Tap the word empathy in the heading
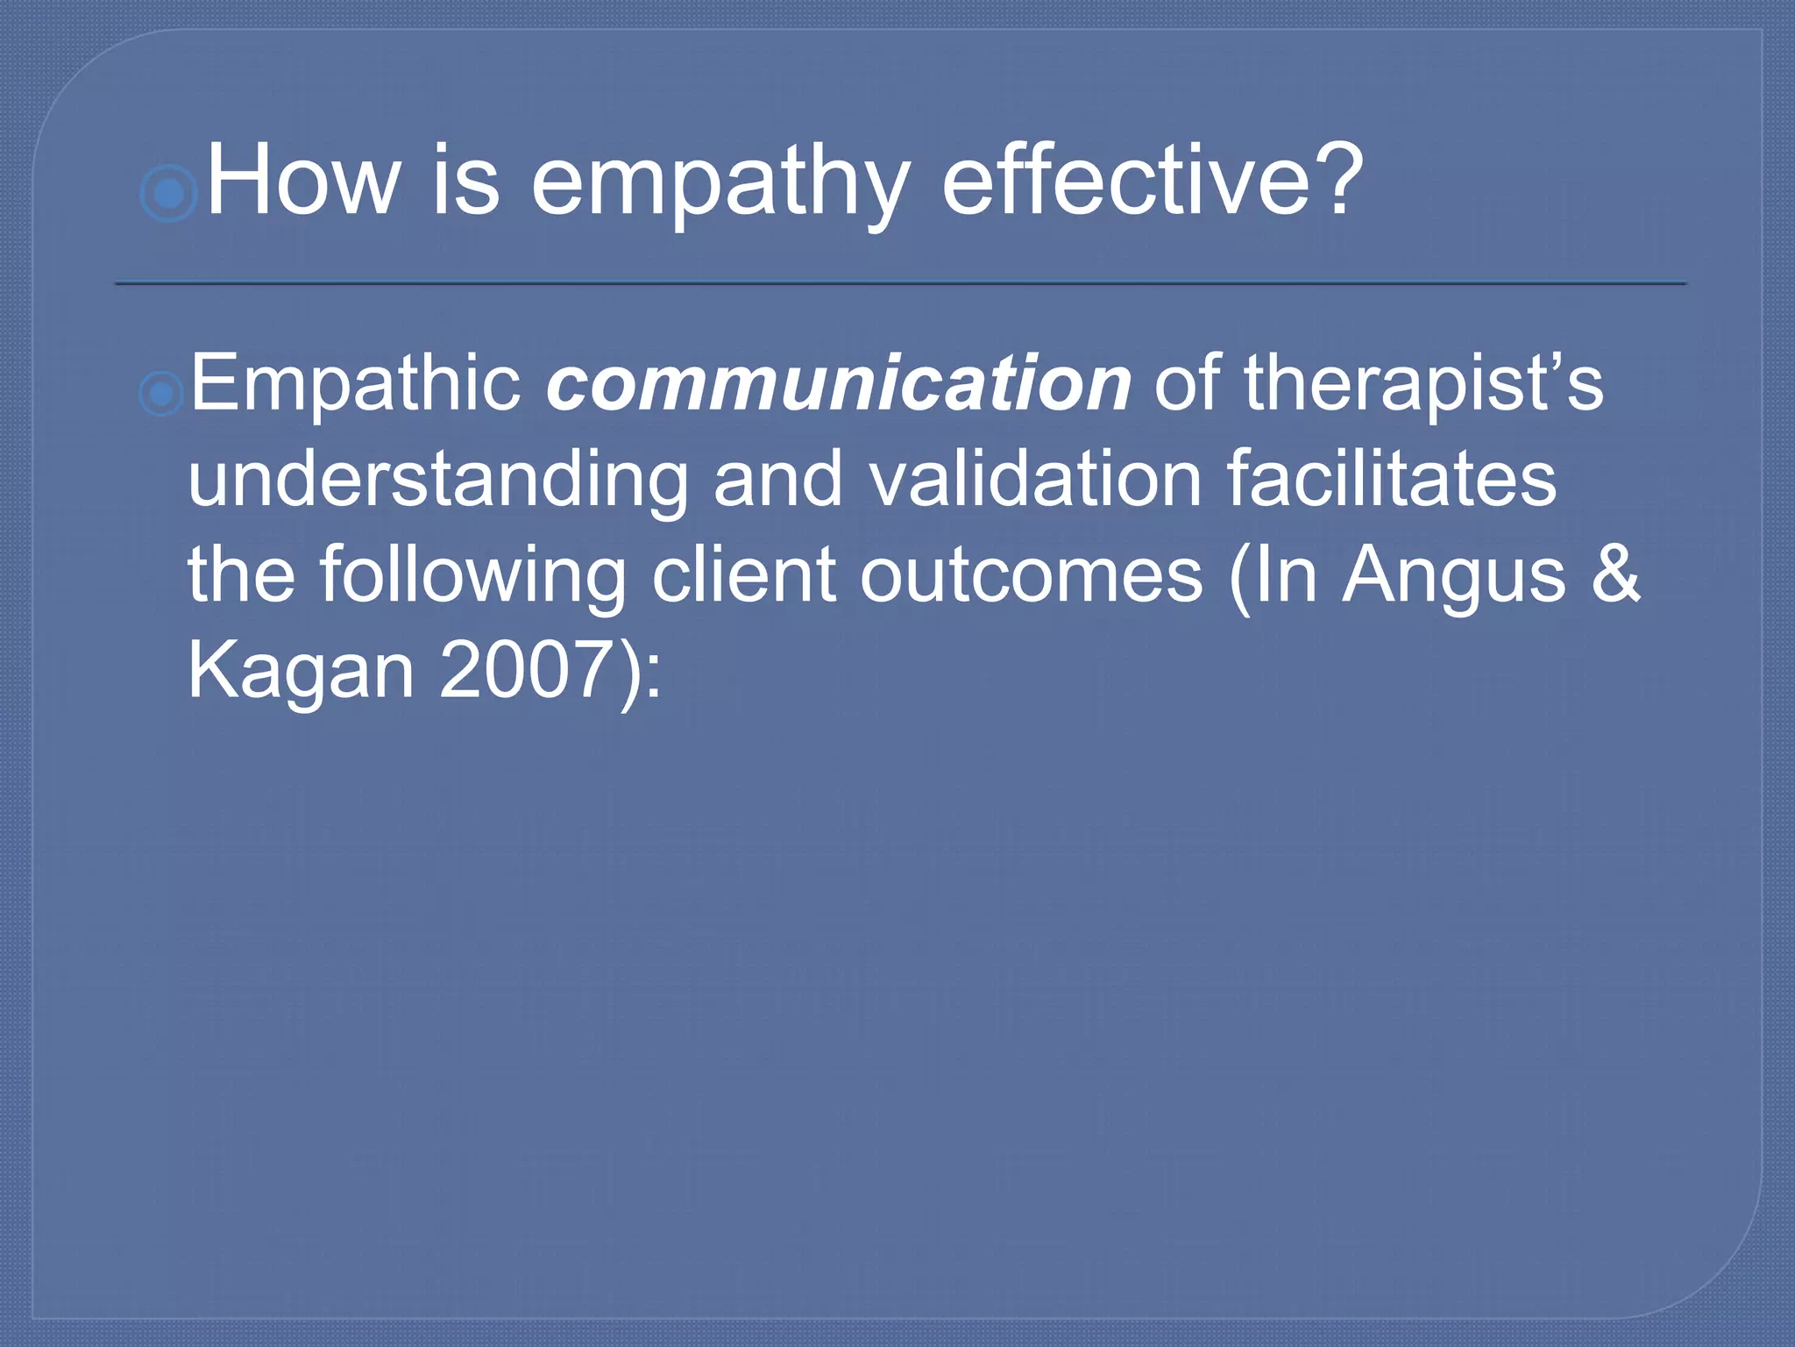pyautogui.click(x=720, y=184)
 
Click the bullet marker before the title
pyautogui.click(x=168, y=192)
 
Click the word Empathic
pyautogui.click(x=356, y=384)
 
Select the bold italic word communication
pyautogui.click(x=838, y=384)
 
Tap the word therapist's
pyautogui.click(x=1423, y=384)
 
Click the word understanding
pyautogui.click(x=438, y=481)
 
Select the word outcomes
pyautogui.click(x=1031, y=576)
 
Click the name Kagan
pyautogui.click(x=301, y=672)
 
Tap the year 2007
pyautogui.click(x=522, y=670)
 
